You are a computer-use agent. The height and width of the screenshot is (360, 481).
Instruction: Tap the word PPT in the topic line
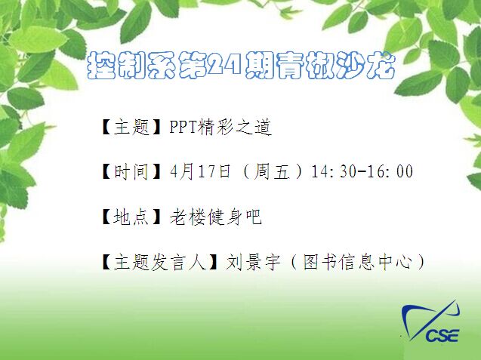tap(183, 127)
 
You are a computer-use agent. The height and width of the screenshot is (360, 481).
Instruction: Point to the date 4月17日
tap(200, 171)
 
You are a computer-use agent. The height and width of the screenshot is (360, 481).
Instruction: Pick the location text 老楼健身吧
tap(216, 217)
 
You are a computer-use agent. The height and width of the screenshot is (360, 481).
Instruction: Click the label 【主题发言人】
tap(160, 263)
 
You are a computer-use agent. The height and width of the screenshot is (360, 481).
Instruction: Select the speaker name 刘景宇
tap(254, 263)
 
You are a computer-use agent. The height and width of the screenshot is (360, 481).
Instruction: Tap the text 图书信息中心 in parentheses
tap(358, 263)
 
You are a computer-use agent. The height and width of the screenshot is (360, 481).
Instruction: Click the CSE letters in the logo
tap(442, 335)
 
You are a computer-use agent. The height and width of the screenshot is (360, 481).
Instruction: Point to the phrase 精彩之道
tap(235, 128)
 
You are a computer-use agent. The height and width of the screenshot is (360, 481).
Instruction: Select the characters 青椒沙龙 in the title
tap(335, 65)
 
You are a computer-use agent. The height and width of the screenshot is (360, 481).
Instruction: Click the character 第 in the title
tap(193, 65)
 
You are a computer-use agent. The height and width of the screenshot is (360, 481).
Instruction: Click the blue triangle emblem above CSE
tap(430, 319)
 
